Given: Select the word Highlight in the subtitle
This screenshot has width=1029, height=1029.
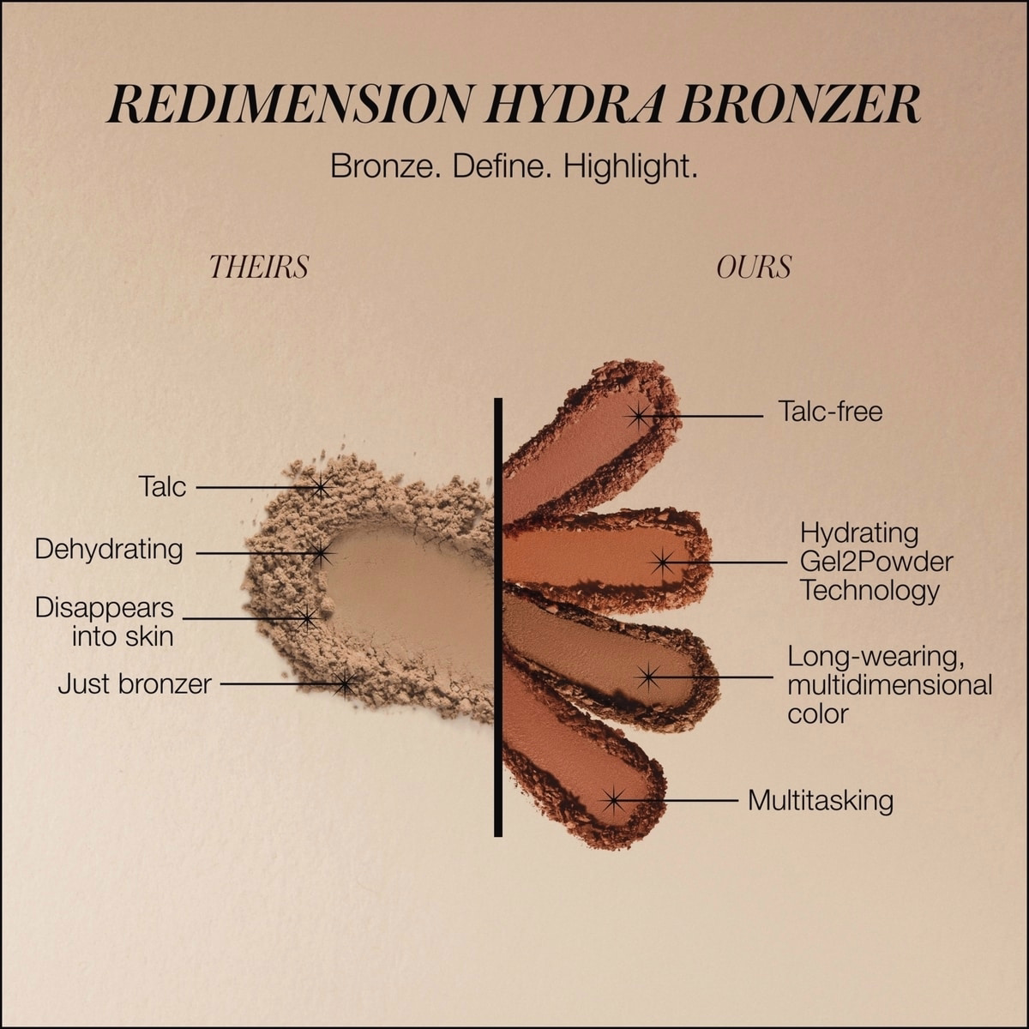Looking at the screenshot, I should pos(630,166).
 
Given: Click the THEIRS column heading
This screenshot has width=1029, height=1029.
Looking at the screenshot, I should pos(259,268).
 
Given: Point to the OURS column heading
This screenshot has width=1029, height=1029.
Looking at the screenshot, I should pos(754,268).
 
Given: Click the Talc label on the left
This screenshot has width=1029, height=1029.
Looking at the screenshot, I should pos(162,487).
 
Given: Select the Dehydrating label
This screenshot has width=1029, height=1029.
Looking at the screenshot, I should pos(109,550).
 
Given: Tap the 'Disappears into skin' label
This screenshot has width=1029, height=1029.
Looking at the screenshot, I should pos(105,622).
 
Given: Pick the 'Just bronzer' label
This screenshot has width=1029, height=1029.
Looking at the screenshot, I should pos(135,684).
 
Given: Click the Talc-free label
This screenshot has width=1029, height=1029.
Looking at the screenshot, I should pos(830,412).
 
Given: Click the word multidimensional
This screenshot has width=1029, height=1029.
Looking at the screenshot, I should pos(890,685).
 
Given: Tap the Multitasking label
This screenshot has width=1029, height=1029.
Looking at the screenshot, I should pos(821,801).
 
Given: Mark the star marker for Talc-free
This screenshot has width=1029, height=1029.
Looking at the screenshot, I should pos(638,416).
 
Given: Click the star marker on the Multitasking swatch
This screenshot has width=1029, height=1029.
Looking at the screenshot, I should pos(613,800).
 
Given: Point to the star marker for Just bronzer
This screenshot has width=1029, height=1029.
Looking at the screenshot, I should pos(345,683).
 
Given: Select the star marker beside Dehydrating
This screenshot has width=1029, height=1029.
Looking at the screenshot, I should pos(321,554).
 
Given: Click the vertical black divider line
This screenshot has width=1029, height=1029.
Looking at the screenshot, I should pos(497,617).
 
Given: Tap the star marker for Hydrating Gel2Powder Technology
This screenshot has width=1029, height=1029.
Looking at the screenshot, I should pos(662,563).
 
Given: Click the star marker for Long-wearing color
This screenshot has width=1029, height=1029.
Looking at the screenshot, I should pos(649,677).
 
